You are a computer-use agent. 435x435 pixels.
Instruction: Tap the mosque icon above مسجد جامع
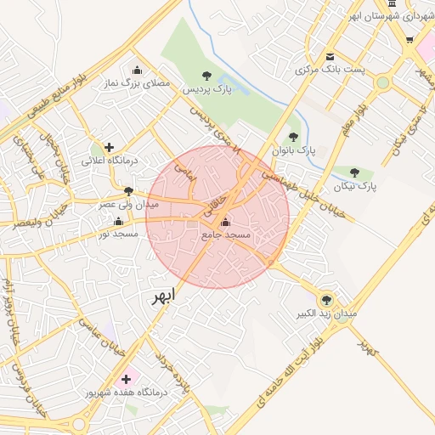click(224, 223)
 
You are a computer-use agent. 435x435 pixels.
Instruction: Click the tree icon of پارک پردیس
click(209, 76)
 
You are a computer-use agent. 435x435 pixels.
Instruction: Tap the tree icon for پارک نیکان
click(354, 172)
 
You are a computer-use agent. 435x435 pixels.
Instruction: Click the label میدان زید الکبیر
click(326, 314)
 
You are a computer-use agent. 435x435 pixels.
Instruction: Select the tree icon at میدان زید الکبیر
click(325, 299)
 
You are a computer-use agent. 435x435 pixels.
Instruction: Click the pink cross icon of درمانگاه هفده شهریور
click(127, 378)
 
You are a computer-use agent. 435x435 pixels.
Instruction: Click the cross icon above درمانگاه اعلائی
click(109, 147)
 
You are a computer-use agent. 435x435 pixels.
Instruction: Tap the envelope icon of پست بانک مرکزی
click(330, 56)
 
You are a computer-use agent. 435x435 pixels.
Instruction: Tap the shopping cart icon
click(410, 40)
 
